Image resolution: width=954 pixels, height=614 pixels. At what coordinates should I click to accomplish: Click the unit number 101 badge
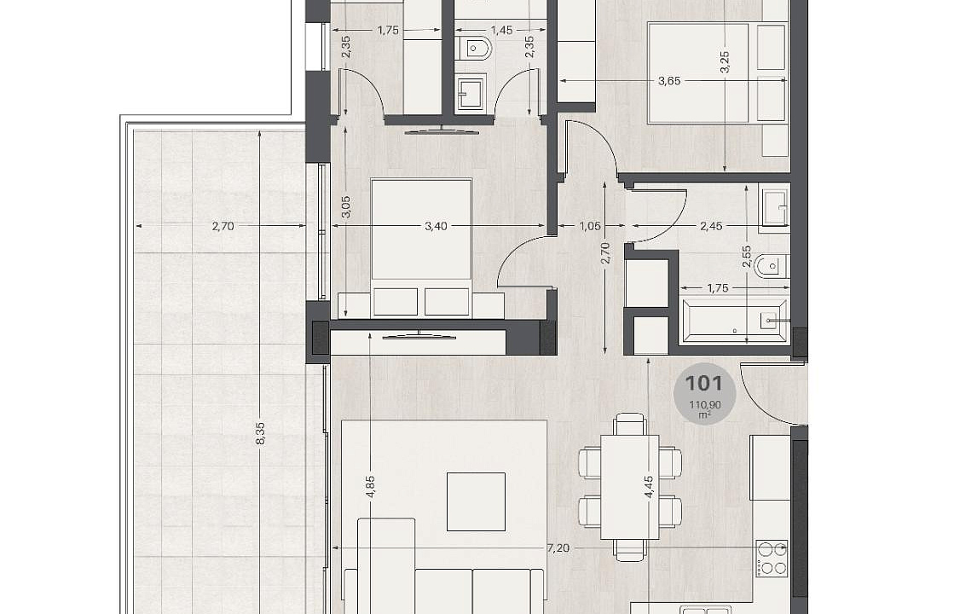click(x=704, y=393)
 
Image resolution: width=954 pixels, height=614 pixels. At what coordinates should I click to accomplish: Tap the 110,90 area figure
click(x=704, y=404)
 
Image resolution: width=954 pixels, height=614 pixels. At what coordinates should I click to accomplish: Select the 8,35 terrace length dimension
click(x=260, y=432)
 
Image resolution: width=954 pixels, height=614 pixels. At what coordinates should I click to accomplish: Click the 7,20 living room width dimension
click(x=558, y=548)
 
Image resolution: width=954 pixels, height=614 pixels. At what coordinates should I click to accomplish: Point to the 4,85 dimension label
click(x=371, y=486)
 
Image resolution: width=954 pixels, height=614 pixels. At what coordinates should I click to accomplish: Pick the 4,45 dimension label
click(x=649, y=488)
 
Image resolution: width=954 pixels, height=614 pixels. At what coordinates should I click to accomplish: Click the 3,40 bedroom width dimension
click(x=436, y=226)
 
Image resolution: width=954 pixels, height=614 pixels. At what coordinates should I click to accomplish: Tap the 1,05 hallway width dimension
click(x=590, y=226)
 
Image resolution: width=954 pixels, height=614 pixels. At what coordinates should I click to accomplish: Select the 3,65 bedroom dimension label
click(x=669, y=81)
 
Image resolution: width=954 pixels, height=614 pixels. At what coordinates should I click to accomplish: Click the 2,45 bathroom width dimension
click(x=711, y=226)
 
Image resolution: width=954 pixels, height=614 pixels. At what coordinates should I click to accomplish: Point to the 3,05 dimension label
click(x=345, y=207)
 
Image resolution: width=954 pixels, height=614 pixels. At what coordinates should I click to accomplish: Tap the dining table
click(x=630, y=487)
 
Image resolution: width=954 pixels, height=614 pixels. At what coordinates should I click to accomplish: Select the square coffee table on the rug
click(x=477, y=501)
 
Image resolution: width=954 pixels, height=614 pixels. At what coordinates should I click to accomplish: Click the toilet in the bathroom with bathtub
click(x=771, y=266)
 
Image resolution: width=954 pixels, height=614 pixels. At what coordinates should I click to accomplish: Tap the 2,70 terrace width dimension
click(x=223, y=226)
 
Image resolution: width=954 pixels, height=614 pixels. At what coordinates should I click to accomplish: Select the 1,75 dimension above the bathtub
click(x=718, y=288)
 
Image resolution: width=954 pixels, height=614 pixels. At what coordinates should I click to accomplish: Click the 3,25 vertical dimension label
click(x=724, y=62)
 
